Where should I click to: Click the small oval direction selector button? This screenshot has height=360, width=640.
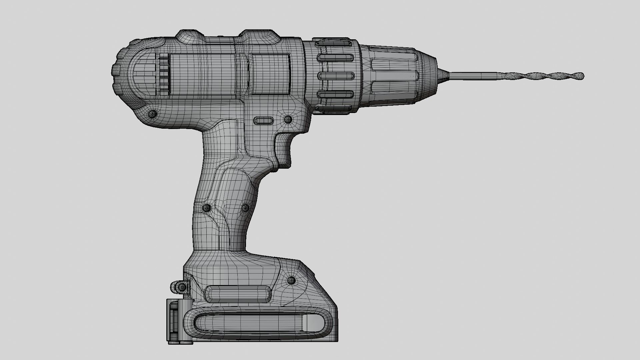[x=263, y=120]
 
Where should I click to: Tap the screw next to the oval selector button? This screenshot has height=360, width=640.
[x=288, y=119]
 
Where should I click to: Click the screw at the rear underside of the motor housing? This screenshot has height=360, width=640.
[x=152, y=114]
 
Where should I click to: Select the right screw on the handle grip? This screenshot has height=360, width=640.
[x=245, y=208]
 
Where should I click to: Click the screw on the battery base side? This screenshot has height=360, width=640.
[x=291, y=280]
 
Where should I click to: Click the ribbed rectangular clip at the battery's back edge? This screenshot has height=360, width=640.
[x=174, y=322]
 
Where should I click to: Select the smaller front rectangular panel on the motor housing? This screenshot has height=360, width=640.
[x=270, y=74]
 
